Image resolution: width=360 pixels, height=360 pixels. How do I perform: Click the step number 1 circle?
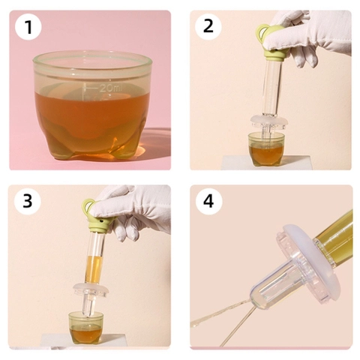point(28,26)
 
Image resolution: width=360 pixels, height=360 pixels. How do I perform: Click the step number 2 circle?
point(208,26)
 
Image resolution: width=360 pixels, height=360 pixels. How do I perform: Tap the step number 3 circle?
point(28,201)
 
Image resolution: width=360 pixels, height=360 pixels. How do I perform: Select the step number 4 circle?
point(208,201)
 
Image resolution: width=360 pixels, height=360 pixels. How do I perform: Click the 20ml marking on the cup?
point(103,88)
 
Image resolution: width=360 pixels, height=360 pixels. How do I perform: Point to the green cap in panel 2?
point(271,43)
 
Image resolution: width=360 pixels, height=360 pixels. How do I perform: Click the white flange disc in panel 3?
point(91,290)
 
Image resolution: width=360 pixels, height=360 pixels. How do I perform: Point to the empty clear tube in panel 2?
point(271,88)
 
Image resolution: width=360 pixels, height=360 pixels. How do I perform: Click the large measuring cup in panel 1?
point(92,105)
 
